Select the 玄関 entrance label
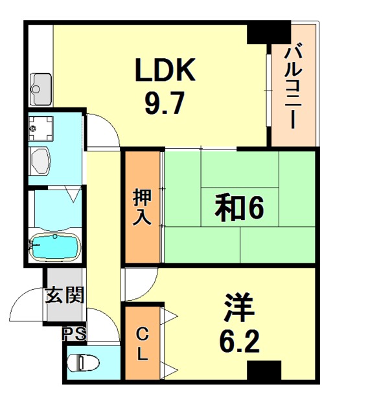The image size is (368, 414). (x=64, y=296)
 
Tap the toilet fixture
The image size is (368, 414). (x=82, y=364)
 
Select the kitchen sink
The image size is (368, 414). (x=41, y=84)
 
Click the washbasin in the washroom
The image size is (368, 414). (x=43, y=159)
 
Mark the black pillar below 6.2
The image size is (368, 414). (x=264, y=372)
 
